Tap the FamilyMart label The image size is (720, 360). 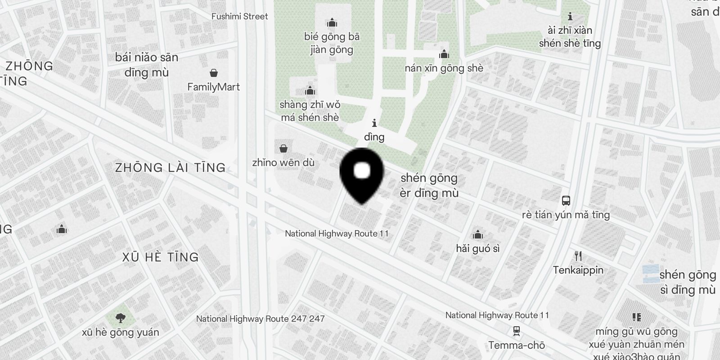(x=213, y=87)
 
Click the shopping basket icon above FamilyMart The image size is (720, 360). (x=214, y=73)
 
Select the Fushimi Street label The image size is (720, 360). (x=239, y=16)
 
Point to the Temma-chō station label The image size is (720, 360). (x=517, y=346)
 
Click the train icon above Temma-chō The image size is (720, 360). (x=517, y=331)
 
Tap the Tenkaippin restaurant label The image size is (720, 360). (x=578, y=270)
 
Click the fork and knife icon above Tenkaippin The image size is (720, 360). (x=578, y=256)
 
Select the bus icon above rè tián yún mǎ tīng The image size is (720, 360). (x=566, y=201)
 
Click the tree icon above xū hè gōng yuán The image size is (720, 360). (x=120, y=319)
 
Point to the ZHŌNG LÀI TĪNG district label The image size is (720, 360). (x=170, y=168)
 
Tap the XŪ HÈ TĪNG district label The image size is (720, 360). (x=161, y=257)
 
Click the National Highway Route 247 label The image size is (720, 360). (x=260, y=319)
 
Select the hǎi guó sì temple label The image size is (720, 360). (x=477, y=248)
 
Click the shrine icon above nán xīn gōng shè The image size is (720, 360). (x=444, y=55)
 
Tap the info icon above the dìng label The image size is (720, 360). (x=374, y=123)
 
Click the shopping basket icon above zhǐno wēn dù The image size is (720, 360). (x=283, y=148)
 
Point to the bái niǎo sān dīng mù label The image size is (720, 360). (x=147, y=64)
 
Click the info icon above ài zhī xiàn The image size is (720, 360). (x=570, y=17)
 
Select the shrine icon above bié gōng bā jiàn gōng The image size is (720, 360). (x=332, y=22)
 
